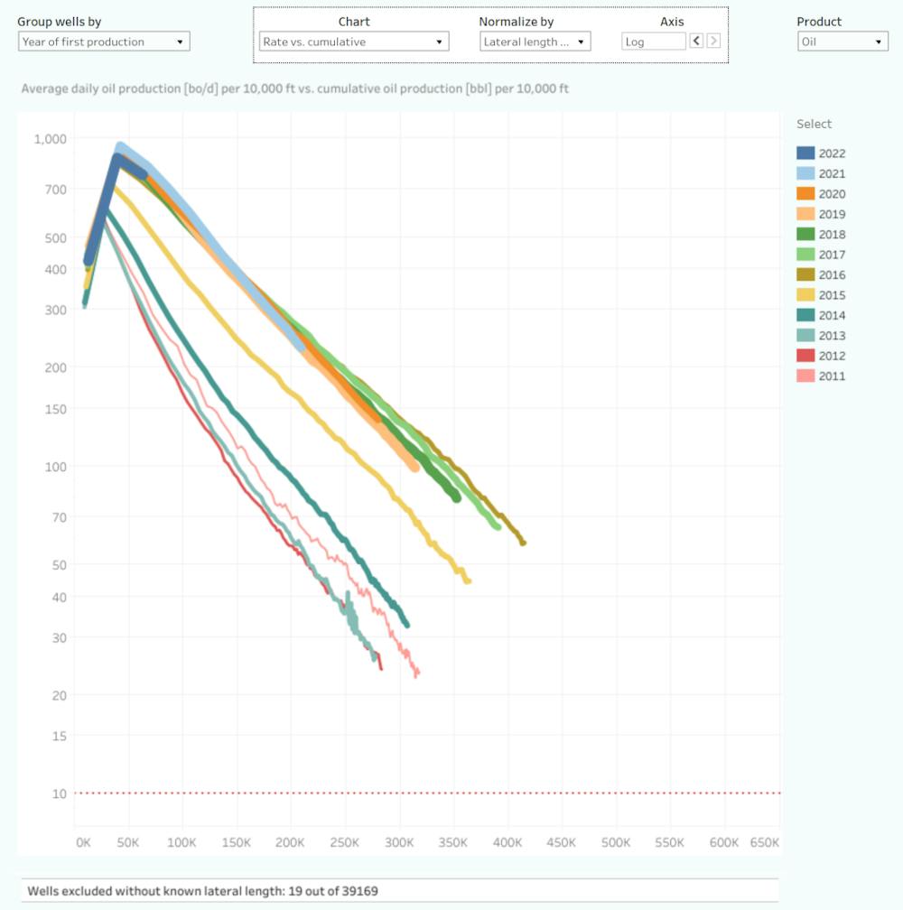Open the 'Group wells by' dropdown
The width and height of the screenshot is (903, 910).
tap(103, 42)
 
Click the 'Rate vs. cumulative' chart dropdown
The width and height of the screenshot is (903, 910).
tap(353, 42)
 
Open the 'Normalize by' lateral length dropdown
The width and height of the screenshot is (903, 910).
tap(535, 42)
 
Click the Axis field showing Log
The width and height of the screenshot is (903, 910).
tap(653, 42)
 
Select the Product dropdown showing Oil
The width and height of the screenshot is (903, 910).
tap(842, 42)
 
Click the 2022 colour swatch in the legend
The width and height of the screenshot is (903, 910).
tap(806, 153)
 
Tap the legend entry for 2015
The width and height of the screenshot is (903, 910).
tap(832, 295)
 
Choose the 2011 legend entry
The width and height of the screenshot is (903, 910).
tap(832, 376)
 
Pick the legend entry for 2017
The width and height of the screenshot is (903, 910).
tap(832, 255)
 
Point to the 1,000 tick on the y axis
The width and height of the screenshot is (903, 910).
tap(51, 139)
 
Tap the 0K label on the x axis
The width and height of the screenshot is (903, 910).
tap(83, 842)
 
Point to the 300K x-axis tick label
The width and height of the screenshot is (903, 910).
tap(399, 842)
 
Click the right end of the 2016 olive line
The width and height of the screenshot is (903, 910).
tap(522, 542)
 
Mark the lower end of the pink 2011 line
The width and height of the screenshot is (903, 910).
tap(416, 673)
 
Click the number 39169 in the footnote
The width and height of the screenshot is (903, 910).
tap(358, 891)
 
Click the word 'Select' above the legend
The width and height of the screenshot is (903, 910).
tap(814, 125)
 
